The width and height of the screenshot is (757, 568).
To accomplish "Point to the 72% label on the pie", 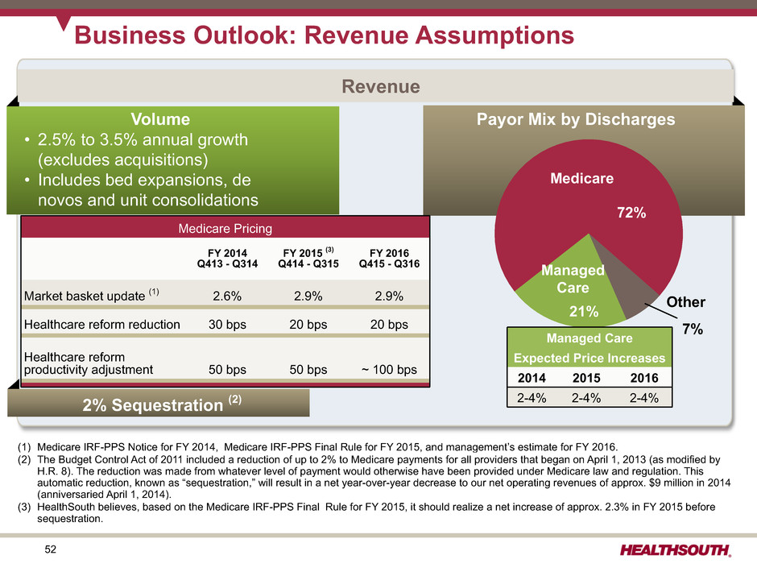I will [631, 215].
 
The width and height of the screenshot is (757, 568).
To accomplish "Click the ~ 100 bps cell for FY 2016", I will [383, 370].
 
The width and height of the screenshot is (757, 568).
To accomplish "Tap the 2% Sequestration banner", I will [159, 402].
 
